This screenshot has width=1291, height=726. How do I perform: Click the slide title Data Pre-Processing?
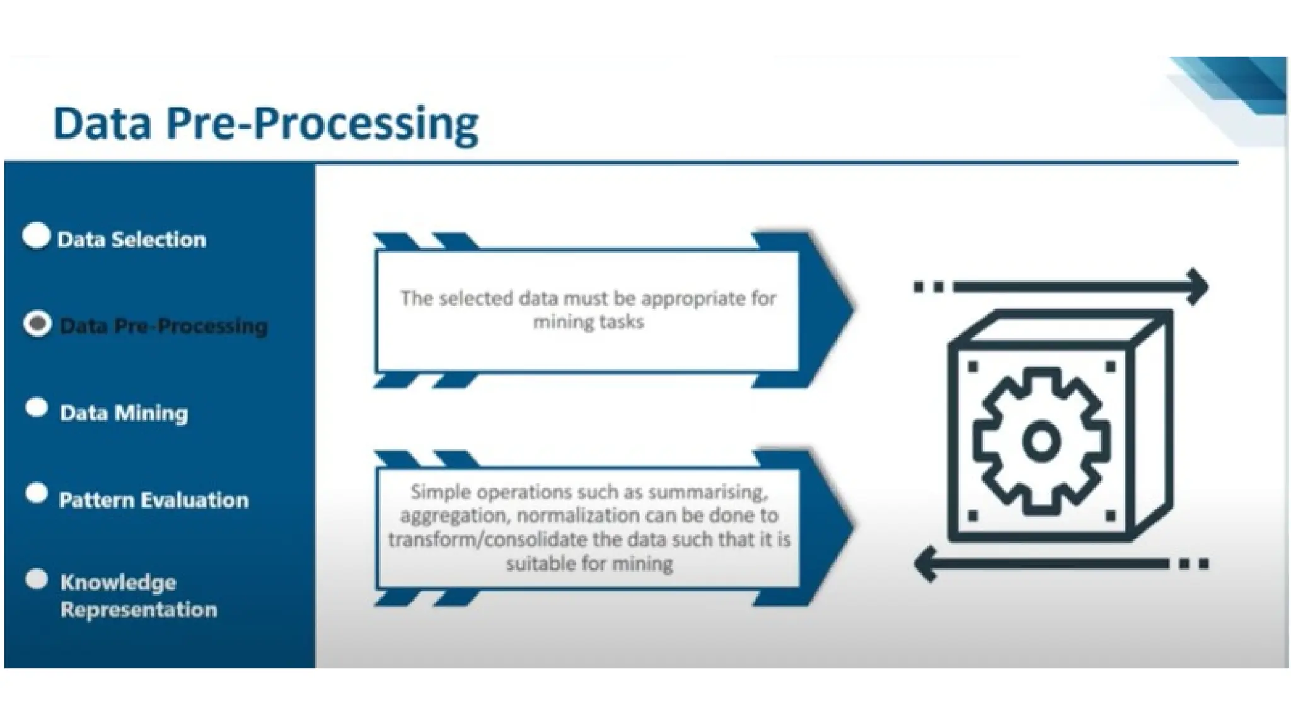(265, 124)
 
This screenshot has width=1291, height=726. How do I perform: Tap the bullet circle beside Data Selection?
(36, 236)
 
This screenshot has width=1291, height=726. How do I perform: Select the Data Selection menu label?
(132, 239)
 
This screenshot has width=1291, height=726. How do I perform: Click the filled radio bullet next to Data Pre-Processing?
(37, 323)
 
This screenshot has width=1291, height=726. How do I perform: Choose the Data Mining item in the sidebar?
(124, 413)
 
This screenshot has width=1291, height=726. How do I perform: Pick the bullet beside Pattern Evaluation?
(37, 493)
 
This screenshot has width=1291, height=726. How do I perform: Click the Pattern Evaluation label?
(154, 500)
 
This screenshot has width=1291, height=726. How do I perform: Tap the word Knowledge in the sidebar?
(118, 582)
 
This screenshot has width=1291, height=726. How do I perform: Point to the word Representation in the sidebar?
(139, 610)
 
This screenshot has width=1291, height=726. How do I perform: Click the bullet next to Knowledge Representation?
(37, 579)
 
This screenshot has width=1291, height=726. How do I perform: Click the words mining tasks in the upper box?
(588, 322)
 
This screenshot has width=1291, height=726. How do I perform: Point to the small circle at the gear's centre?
(1041, 441)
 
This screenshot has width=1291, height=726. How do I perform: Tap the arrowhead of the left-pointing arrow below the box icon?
(926, 563)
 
